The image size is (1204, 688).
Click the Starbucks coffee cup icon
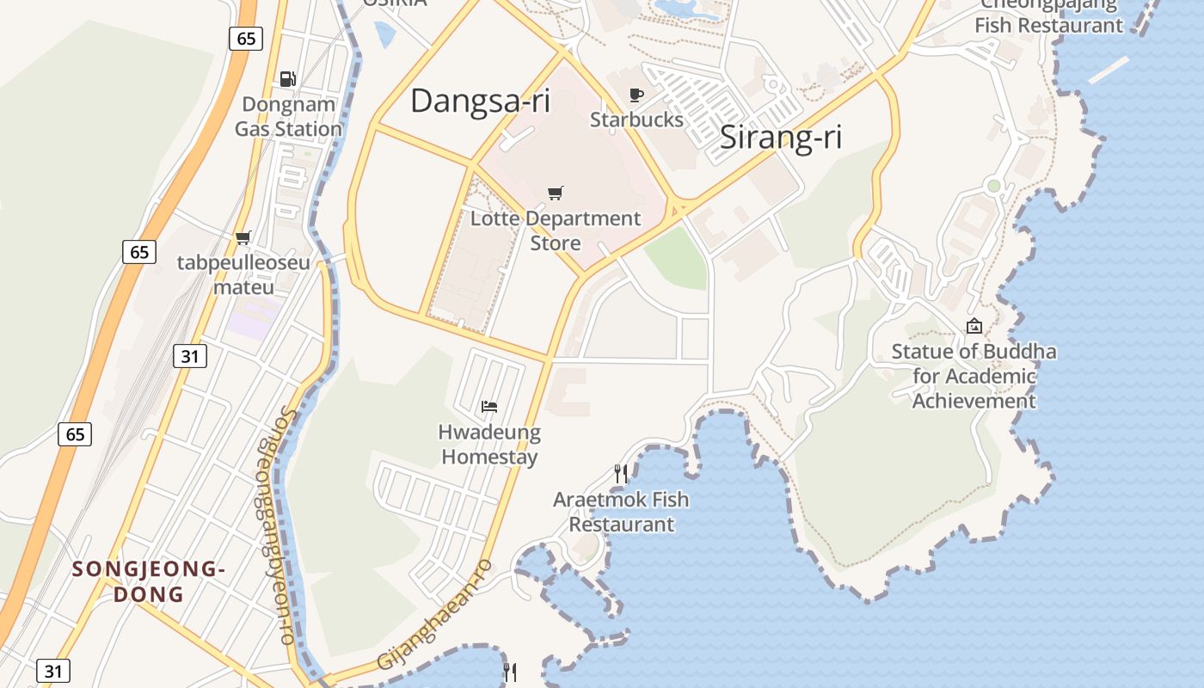(x=636, y=95)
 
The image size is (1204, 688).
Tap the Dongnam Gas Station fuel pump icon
(x=288, y=79)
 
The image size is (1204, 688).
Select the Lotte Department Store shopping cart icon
(x=556, y=193)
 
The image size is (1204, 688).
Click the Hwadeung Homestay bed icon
(x=489, y=406)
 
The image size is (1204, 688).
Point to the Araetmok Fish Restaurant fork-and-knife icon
(x=621, y=473)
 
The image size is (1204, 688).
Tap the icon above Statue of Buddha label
(x=974, y=326)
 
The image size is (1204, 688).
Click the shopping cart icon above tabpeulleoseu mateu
(x=243, y=237)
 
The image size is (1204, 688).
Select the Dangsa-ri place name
(x=480, y=101)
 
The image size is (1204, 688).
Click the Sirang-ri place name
(x=780, y=138)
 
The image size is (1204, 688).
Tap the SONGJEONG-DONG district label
(x=149, y=581)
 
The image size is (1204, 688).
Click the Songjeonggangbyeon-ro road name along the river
(x=275, y=525)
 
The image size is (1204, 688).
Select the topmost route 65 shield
(x=246, y=38)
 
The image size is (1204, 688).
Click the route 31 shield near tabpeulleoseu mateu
(x=190, y=355)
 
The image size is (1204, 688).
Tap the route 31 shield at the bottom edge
(x=53, y=671)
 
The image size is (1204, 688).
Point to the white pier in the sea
(x=1109, y=70)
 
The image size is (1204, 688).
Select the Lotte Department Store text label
(x=556, y=230)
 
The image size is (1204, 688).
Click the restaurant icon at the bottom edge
(x=510, y=672)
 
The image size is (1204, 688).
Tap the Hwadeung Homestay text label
(x=489, y=444)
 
